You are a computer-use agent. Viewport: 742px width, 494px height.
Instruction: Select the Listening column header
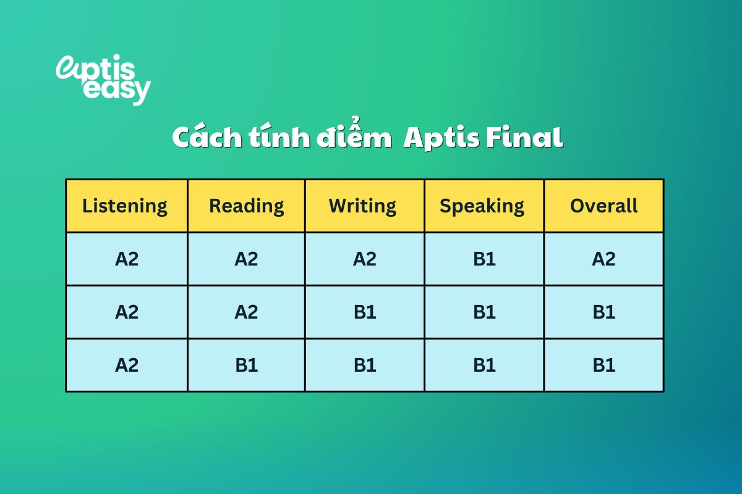[125, 206]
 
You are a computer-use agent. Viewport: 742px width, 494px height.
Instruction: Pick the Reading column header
[246, 206]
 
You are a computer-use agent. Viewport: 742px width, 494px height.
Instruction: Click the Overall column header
[603, 206]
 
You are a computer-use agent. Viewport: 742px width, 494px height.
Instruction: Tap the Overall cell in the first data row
[603, 259]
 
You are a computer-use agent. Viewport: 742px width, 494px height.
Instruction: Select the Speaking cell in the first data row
[484, 259]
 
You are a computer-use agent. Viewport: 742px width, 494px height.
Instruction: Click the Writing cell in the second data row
[365, 312]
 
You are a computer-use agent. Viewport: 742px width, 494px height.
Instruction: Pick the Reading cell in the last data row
[246, 365]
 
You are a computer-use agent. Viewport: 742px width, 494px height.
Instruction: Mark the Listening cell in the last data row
[126, 365]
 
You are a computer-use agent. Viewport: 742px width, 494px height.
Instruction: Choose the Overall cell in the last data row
[603, 365]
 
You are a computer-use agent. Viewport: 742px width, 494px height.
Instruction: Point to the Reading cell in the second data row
[246, 312]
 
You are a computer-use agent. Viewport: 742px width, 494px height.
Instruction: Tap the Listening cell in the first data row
[126, 259]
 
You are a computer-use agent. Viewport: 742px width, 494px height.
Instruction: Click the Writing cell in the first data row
[365, 259]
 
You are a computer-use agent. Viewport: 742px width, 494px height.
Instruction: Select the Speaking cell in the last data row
[484, 365]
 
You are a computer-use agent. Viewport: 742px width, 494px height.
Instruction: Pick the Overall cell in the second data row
[603, 312]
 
